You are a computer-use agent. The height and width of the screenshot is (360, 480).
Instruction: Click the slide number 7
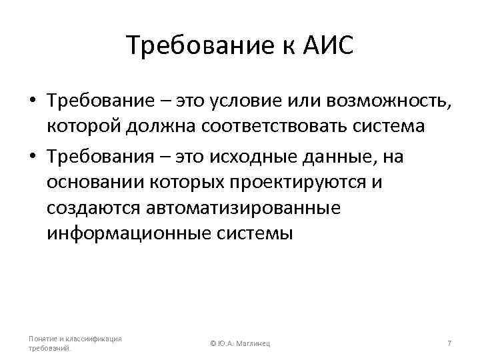(449, 343)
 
